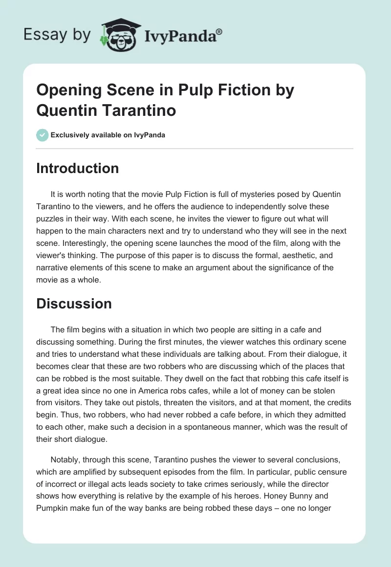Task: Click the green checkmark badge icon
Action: click(43, 135)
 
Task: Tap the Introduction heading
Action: click(78, 168)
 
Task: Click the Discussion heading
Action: click(74, 303)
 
